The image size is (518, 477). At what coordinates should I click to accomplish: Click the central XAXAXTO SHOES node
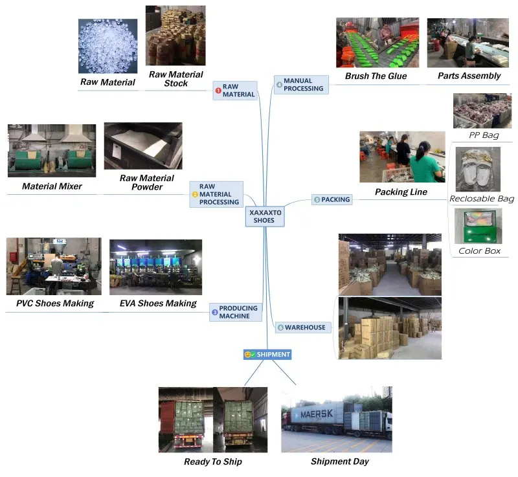[x=264, y=216]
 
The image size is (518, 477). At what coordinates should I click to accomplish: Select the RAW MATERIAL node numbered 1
[x=235, y=91]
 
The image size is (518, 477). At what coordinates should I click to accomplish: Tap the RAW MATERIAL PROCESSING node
[x=216, y=194]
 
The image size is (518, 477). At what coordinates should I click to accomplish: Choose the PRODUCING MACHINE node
[x=236, y=312]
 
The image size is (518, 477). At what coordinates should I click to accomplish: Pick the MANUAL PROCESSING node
[x=300, y=85]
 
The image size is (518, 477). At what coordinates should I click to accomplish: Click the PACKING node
[x=332, y=200]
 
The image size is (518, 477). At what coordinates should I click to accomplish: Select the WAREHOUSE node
[x=302, y=327]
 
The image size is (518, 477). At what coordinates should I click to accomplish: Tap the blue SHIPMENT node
[x=267, y=355]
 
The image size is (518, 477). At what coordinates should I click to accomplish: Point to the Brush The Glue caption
[x=376, y=76]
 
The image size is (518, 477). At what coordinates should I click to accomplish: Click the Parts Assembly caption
[x=469, y=76]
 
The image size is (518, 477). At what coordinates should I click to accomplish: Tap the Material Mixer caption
[x=52, y=186]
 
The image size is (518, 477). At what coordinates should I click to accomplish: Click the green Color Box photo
[x=479, y=226]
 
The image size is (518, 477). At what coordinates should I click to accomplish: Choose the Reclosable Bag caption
[x=481, y=199]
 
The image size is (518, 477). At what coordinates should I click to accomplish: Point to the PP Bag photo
[x=482, y=111]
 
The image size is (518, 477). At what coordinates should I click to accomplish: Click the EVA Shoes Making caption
[x=158, y=303]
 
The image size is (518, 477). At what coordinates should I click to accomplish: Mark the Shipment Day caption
[x=340, y=461]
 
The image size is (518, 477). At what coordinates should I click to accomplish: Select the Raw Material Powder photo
[x=142, y=146]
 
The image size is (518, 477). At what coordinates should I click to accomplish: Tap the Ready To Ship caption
[x=213, y=461]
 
